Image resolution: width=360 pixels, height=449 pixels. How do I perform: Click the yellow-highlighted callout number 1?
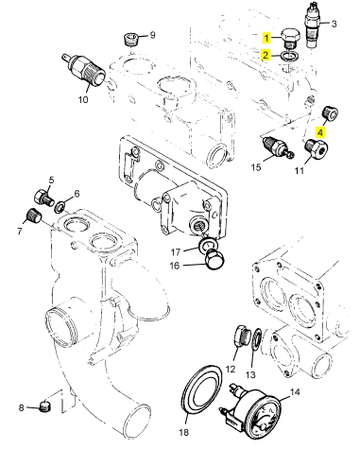tap(266, 38)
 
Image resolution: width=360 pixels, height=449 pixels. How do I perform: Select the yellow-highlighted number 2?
tap(266, 55)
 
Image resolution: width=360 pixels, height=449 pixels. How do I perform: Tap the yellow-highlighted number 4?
tap(320, 132)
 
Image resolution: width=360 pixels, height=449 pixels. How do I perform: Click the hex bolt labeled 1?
tap(290, 39)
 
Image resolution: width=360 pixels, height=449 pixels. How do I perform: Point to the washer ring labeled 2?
tap(291, 56)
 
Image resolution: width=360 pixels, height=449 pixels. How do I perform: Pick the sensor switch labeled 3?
tap(313, 25)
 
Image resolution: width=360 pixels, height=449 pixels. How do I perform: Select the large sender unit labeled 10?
tap(84, 70)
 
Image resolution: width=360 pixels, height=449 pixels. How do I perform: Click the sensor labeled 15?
tap(277, 147)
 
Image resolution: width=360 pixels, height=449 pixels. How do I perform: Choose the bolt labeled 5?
tap(44, 199)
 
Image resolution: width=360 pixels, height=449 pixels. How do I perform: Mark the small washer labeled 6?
tap(60, 207)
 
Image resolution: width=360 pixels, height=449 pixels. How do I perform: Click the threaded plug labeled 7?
tap(33, 216)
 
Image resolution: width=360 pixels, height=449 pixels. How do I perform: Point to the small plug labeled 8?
tap(45, 406)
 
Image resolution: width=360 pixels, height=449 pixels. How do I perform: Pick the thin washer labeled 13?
tap(257, 340)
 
